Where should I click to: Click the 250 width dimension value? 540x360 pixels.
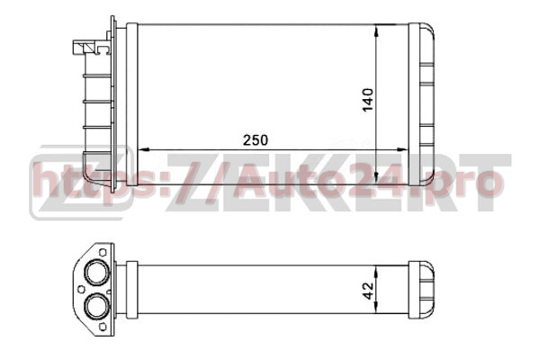coord(256,140)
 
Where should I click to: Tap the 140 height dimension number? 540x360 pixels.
coord(368,100)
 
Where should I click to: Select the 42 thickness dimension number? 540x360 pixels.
coord(368,291)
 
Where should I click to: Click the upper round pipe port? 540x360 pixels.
coord(97,273)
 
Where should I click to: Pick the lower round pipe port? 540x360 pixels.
coord(97,306)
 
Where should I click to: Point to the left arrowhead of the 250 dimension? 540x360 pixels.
coord(143,150)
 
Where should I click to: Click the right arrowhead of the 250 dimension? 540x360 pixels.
coord(402,150)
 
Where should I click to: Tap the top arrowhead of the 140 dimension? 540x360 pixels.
coord(376,31)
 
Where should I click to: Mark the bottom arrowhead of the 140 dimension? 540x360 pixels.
coord(376,178)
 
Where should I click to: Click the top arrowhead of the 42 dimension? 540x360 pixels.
coord(376,272)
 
